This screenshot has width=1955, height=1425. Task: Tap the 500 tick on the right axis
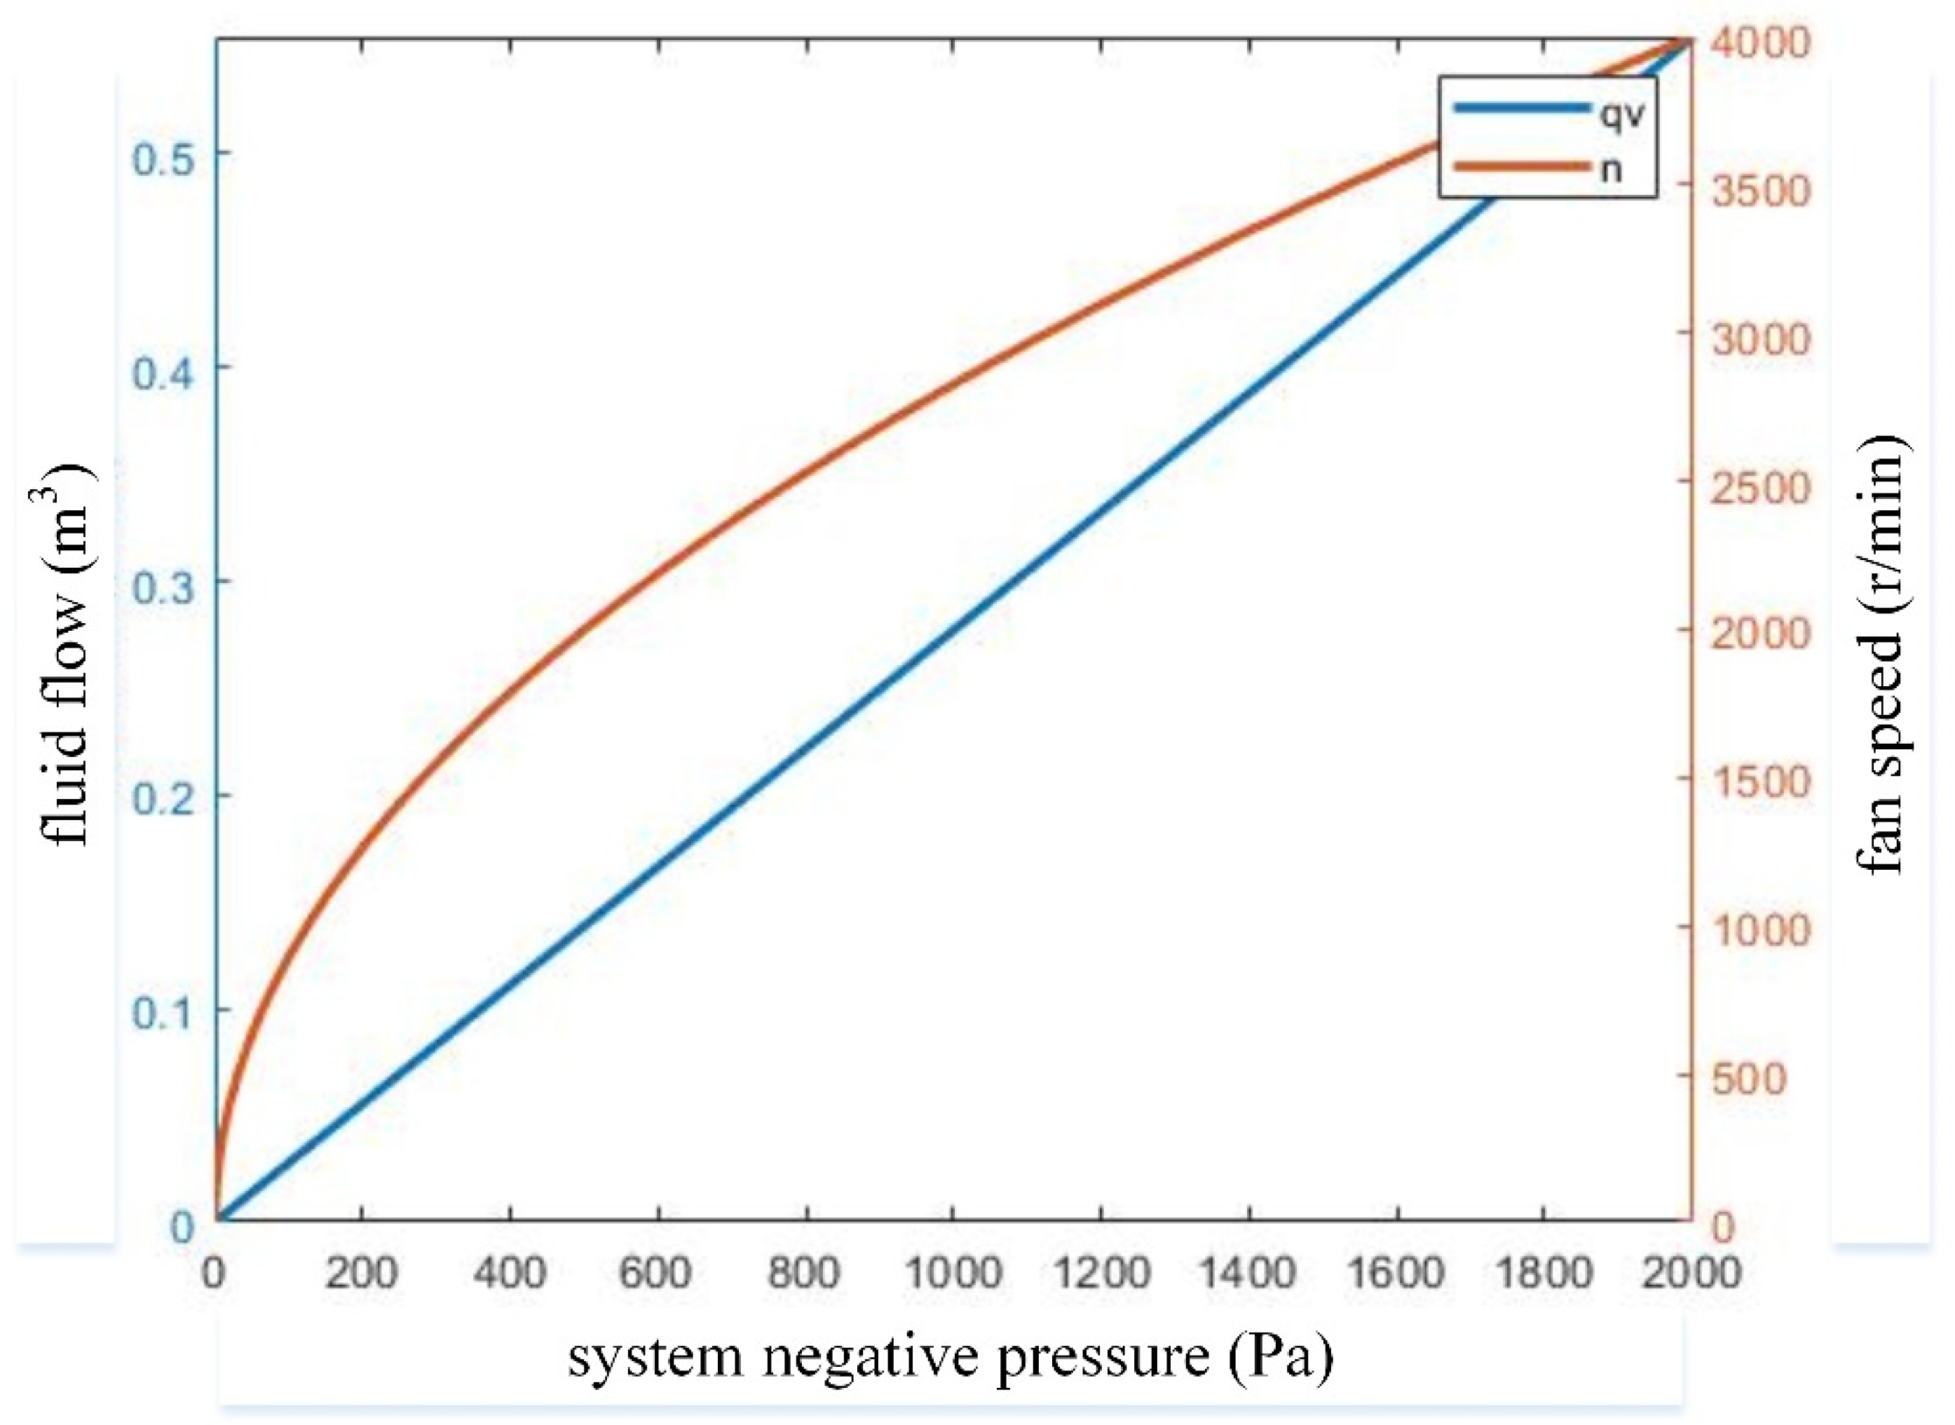pyautogui.click(x=1750, y=1077)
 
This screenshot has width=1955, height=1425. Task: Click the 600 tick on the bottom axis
pyautogui.click(x=658, y=1273)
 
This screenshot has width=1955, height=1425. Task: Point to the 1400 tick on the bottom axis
pyautogui.click(x=1248, y=1273)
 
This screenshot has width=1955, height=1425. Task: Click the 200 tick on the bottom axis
pyautogui.click(x=362, y=1273)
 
